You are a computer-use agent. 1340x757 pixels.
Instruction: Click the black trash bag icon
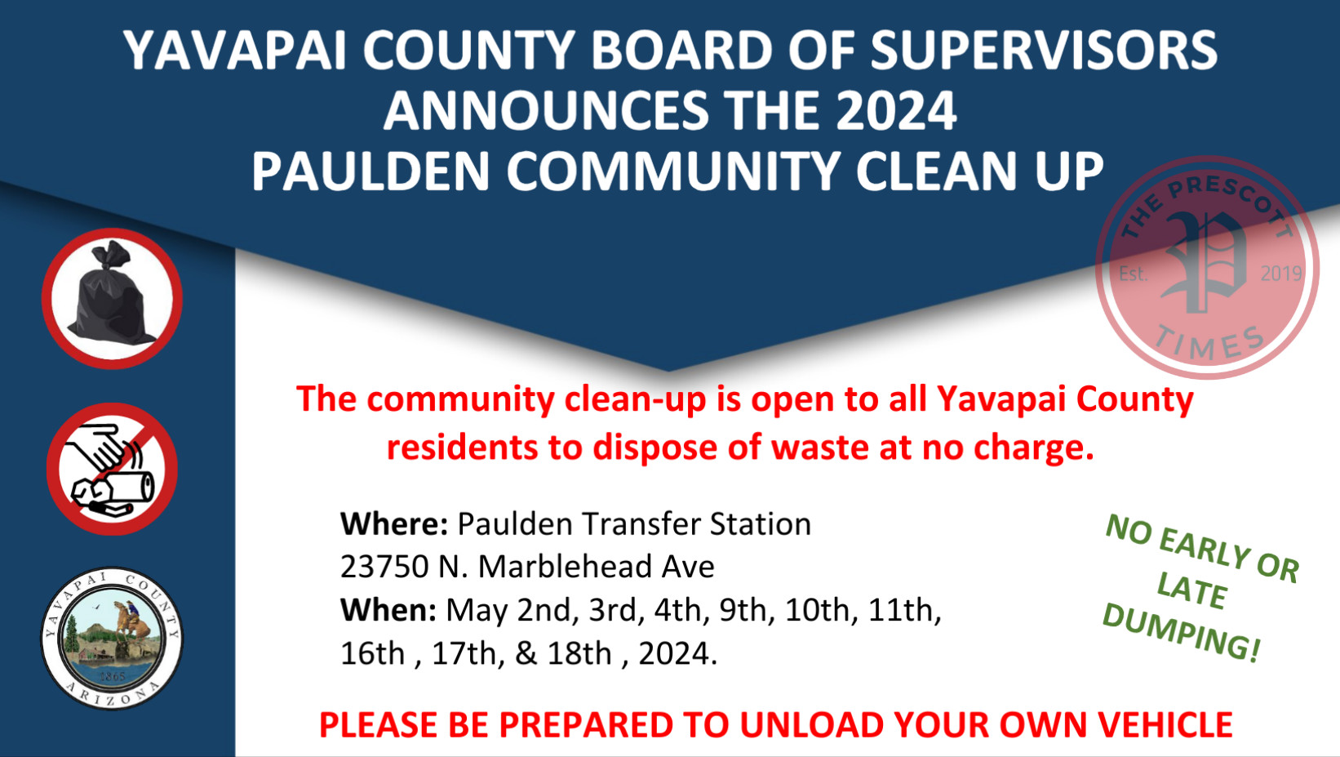click(x=112, y=299)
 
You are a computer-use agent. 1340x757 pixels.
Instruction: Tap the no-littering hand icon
click(x=112, y=469)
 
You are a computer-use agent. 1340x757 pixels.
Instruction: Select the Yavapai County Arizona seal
click(x=112, y=639)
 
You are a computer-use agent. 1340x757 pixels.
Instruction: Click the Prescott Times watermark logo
click(x=1207, y=268)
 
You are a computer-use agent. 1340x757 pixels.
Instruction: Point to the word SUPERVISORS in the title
click(x=1044, y=51)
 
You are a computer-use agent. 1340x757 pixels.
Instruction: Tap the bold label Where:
click(x=393, y=523)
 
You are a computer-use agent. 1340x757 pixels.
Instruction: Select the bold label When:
click(x=388, y=610)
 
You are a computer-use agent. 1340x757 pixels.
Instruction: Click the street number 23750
click(x=384, y=567)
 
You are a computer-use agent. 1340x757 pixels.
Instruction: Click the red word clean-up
click(x=635, y=400)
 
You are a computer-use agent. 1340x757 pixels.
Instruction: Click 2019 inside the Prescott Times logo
click(x=1280, y=274)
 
